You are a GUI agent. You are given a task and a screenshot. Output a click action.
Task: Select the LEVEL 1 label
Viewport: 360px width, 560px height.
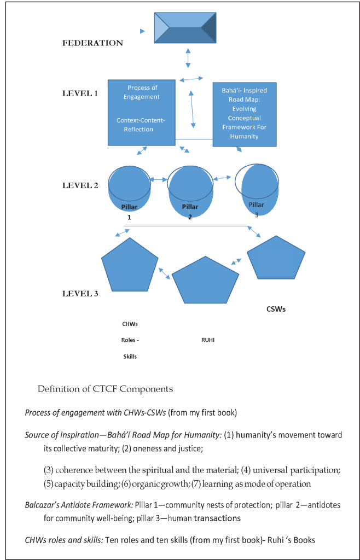80,93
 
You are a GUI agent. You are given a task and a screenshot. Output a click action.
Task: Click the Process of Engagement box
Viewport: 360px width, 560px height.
142,112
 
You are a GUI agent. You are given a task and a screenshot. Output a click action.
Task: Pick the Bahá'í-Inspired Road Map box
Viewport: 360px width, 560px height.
243,114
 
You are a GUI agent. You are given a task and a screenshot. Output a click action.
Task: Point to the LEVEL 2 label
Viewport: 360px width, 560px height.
80,185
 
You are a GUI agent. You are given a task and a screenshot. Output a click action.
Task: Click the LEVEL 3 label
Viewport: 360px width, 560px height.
80,294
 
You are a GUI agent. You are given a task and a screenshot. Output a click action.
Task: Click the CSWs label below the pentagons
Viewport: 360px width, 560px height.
276,309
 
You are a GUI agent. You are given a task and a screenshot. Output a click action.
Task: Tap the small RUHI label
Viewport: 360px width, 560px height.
208,340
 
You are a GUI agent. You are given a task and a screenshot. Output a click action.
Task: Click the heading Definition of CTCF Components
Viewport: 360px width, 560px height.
105,389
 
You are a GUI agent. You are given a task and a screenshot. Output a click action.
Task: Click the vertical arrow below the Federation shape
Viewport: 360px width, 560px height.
188,57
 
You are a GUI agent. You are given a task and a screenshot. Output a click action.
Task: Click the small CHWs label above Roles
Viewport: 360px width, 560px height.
130,324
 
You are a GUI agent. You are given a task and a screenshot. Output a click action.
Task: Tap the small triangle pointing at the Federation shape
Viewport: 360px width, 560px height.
143,31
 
